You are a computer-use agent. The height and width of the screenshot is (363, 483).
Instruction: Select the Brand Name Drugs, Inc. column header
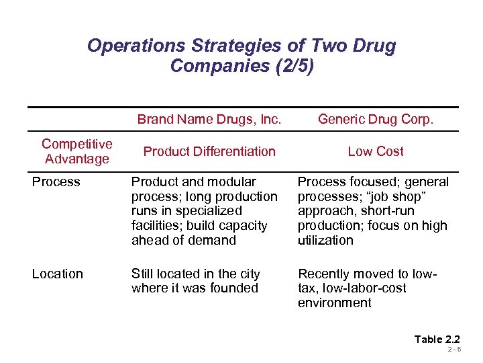coord(209,120)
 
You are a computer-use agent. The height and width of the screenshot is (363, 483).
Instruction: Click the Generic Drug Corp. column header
coord(376,120)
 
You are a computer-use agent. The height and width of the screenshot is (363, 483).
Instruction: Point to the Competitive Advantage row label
coord(76,151)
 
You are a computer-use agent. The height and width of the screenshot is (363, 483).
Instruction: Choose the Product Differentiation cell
coord(209,151)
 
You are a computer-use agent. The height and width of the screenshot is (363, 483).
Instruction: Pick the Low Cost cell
coord(376,151)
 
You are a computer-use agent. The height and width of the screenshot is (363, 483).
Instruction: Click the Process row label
coord(56,182)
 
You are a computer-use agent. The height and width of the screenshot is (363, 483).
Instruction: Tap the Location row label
coord(58,274)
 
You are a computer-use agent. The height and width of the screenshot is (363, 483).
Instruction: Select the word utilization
coord(325,241)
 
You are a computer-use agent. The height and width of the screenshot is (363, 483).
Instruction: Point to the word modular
coord(233,182)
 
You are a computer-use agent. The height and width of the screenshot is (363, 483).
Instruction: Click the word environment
coord(334,303)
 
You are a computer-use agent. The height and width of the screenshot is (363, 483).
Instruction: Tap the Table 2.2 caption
coord(437,339)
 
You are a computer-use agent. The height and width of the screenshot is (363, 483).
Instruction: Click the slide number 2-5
coord(454,350)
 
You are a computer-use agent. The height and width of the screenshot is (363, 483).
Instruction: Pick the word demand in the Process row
coord(213,241)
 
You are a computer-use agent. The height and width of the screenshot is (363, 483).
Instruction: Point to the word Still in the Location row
coord(143,274)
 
